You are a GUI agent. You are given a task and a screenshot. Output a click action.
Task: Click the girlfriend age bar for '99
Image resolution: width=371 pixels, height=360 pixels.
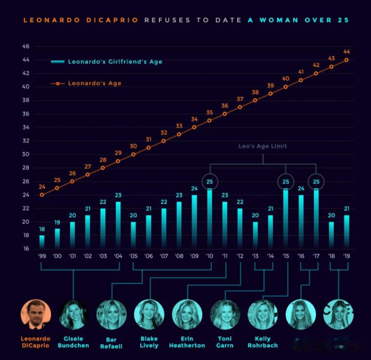coord(42,242)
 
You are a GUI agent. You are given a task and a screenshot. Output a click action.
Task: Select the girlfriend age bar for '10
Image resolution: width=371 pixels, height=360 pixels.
coord(209,219)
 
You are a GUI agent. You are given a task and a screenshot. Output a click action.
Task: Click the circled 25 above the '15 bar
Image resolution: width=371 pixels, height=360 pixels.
coord(286,182)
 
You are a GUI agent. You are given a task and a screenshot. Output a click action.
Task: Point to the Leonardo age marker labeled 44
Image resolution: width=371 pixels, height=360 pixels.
coord(346,60)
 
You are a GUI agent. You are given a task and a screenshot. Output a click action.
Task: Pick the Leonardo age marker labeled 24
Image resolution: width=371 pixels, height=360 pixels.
coord(42,194)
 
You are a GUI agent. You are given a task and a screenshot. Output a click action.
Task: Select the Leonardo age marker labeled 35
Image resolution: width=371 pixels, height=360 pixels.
coord(209,120)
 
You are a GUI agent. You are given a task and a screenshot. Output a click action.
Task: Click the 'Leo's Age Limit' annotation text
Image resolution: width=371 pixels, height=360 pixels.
coord(263,146)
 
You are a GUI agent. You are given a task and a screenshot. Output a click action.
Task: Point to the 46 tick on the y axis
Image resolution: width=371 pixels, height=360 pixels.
coord(26,46)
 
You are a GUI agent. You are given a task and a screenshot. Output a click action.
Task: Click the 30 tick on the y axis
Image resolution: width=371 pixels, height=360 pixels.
coord(26,154)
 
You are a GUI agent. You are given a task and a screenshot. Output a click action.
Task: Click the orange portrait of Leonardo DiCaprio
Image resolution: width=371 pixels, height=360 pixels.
coord(36,314)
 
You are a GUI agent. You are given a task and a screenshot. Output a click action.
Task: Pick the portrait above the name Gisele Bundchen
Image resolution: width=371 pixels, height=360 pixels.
coord(73,314)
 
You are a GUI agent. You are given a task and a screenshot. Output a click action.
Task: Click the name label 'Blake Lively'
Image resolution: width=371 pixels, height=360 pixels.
coord(149,341)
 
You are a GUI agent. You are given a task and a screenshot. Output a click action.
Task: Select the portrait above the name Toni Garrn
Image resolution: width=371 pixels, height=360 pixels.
coord(225,314)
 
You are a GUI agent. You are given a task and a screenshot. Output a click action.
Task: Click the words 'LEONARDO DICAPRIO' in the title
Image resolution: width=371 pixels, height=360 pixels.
coord(80,20)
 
